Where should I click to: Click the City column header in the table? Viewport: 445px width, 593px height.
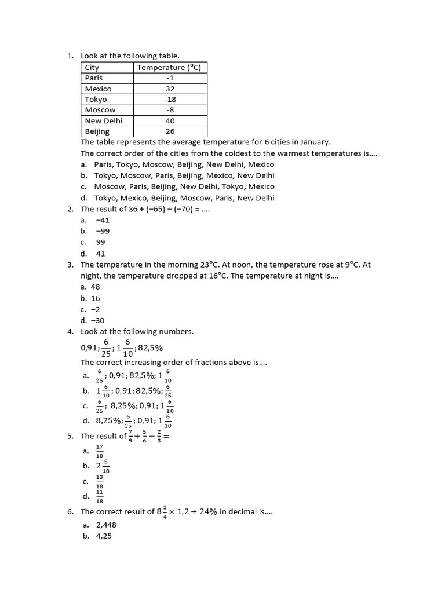92,68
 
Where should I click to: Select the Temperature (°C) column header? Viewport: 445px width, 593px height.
169,68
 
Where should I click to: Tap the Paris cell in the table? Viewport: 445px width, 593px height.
94,78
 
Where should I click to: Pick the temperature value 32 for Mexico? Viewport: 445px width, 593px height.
170,89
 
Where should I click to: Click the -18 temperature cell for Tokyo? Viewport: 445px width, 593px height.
170,100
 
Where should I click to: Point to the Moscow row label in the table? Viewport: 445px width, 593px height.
100,110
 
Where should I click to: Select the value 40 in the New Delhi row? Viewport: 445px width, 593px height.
170,121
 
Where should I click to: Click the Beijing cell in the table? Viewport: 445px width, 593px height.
97,131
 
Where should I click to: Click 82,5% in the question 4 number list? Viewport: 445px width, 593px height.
149,348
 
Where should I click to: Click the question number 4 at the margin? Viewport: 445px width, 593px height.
70,331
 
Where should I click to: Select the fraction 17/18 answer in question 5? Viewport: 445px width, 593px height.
99,451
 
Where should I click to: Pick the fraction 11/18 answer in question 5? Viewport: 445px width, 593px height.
99,496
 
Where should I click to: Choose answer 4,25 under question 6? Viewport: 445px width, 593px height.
104,536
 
